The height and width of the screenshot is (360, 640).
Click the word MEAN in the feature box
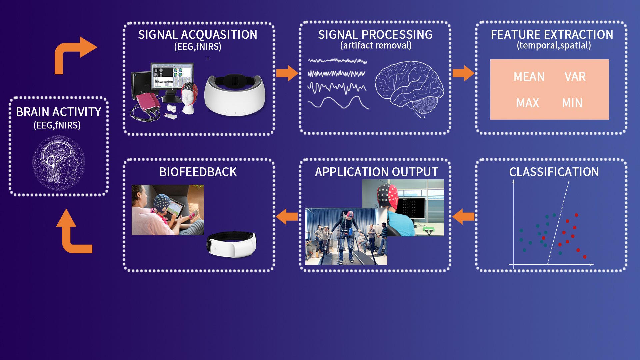tap(529, 77)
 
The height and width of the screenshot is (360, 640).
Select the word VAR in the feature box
tap(575, 77)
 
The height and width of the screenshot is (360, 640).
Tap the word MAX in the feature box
tap(528, 103)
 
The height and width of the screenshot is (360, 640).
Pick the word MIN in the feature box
tap(572, 103)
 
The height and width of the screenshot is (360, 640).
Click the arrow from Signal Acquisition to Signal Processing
tap(287, 73)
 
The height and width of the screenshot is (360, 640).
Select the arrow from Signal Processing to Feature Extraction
tap(463, 73)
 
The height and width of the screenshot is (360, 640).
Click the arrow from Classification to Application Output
tap(463, 217)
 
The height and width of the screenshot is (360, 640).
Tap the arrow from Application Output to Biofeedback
tap(287, 217)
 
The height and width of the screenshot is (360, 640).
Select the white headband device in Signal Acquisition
tap(235, 95)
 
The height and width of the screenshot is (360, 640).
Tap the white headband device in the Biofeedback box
tap(232, 244)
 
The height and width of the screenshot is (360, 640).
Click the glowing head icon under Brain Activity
tap(59, 163)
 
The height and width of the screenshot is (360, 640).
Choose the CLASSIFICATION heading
tap(554, 172)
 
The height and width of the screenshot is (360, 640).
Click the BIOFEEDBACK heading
tap(198, 172)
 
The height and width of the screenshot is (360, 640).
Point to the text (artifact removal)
tap(376, 46)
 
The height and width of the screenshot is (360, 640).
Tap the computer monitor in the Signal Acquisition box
tap(172, 80)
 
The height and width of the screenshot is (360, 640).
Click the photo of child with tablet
tap(168, 210)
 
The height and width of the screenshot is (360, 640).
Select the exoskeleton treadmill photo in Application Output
tap(346, 236)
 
